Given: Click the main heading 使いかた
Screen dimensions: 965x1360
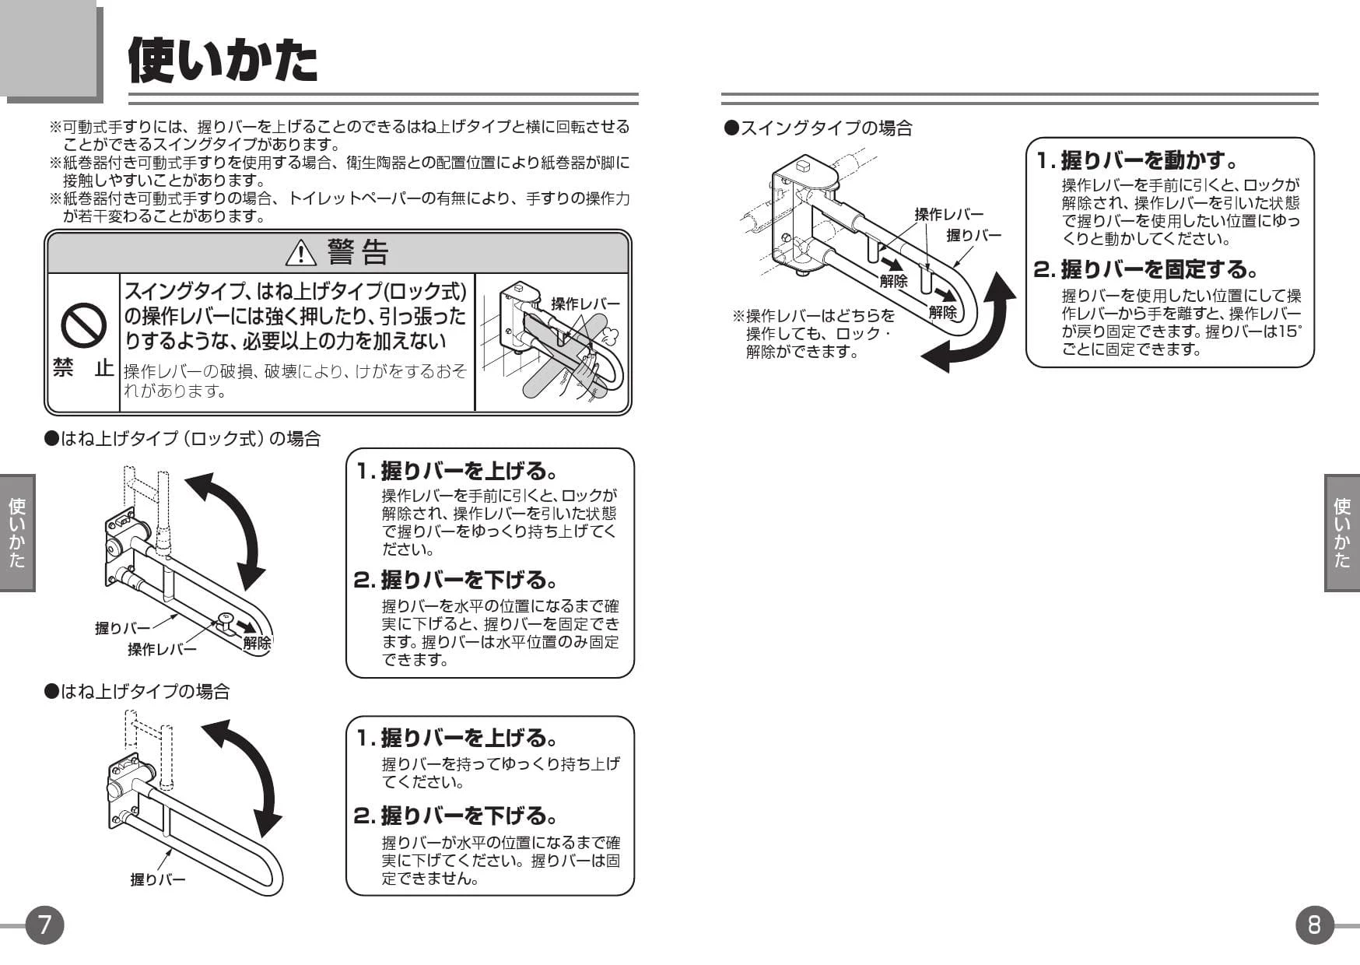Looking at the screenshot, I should point(223,60).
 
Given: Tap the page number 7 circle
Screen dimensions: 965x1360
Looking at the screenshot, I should point(44,925).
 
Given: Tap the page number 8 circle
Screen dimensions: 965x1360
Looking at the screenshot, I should point(1314,925).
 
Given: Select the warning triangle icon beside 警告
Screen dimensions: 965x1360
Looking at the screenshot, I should point(300,253).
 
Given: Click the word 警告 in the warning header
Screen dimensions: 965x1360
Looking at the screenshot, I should point(358,252).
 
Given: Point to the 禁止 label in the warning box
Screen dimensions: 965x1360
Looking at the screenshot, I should point(82,368).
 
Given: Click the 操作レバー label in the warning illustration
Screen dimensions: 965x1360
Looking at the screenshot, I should point(585,304).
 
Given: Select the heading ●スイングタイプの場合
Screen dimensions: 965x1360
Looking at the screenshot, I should point(818,128).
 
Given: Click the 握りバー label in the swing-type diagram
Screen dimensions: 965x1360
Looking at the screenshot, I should point(973,235).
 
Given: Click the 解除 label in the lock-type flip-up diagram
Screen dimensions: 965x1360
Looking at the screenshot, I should point(257,643).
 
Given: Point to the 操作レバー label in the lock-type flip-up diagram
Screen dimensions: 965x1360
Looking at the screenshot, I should point(162,649).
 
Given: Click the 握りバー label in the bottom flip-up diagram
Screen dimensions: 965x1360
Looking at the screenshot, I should point(158,879).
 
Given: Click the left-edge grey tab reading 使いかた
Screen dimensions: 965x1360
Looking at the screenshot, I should point(17,533).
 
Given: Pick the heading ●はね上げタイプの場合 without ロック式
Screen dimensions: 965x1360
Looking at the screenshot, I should point(137,691).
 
